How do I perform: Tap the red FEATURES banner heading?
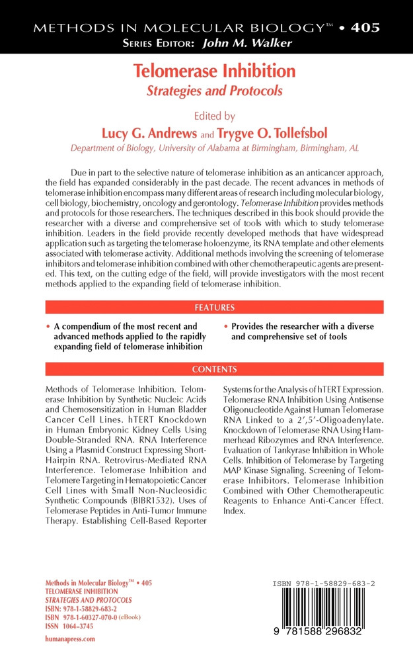point(214,307)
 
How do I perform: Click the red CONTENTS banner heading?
point(214,369)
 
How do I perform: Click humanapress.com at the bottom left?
point(69,638)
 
